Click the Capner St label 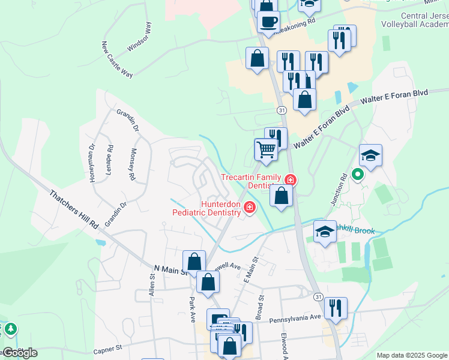coord(108,347)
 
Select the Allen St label coord(152,287)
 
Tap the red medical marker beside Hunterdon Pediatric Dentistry coord(249,208)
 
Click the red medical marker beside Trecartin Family coord(291,179)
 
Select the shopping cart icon coord(265,149)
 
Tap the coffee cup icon coord(268,22)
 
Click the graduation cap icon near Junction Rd coord(370,155)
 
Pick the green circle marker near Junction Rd coord(358,175)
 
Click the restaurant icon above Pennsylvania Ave coord(336,308)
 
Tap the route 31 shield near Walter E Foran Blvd coord(281,110)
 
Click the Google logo coord(19,353)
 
